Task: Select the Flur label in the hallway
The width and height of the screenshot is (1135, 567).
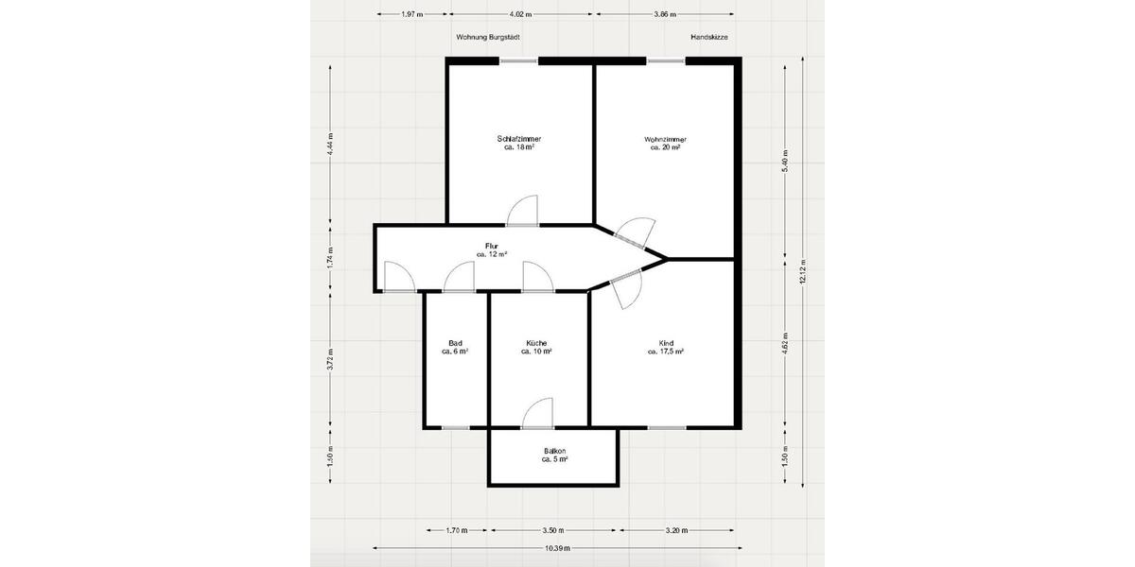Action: tap(492, 249)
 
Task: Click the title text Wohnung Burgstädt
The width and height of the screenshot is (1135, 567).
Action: tap(488, 37)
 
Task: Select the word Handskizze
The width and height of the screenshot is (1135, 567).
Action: tap(709, 37)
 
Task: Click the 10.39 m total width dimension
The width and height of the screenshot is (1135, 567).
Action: tap(557, 548)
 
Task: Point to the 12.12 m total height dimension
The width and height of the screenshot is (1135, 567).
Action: tap(802, 271)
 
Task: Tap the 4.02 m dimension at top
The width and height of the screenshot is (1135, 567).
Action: tap(520, 15)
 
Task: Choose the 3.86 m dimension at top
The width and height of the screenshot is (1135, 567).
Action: tap(666, 15)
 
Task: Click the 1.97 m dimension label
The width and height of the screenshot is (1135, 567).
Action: tap(411, 15)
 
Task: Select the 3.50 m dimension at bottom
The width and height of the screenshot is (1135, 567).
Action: tap(553, 530)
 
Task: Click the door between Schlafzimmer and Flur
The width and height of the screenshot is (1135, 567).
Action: tap(522, 213)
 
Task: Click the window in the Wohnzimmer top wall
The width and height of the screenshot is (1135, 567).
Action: tap(666, 60)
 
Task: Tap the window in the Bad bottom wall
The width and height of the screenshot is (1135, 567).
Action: tap(456, 427)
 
